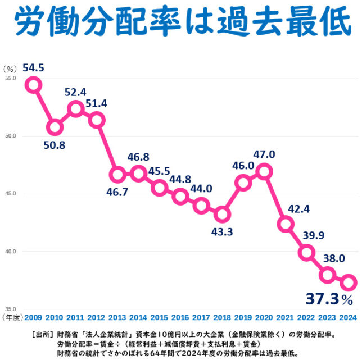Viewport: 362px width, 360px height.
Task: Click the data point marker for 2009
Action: (33, 85)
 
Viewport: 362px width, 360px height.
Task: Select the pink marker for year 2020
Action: (264, 171)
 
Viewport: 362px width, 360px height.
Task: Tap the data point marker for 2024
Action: (348, 282)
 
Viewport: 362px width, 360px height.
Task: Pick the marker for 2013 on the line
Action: (117, 174)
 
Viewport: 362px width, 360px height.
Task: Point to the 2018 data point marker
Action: (222, 214)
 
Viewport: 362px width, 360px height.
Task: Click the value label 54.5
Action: (33, 68)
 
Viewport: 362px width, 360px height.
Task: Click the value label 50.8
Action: (55, 145)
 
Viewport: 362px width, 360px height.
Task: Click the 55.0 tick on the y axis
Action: (10, 78)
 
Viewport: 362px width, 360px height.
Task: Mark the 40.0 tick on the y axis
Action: (10, 252)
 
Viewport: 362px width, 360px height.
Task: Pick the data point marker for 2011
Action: (75, 109)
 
